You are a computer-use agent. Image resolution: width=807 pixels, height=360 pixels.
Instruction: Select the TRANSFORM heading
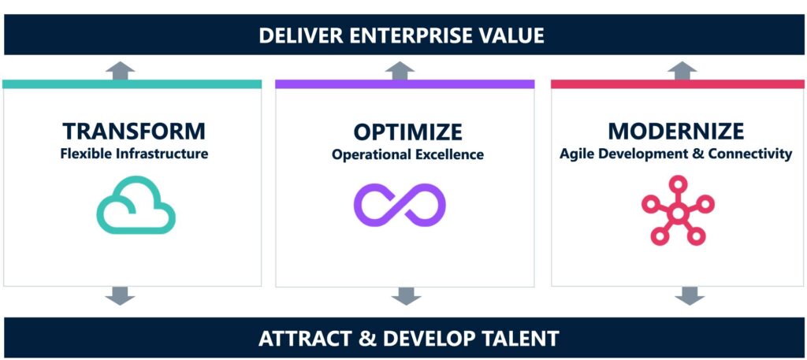tap(134, 131)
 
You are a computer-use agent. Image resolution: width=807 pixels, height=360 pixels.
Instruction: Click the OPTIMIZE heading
tap(407, 132)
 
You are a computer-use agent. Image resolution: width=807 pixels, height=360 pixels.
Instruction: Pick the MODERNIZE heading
tap(675, 131)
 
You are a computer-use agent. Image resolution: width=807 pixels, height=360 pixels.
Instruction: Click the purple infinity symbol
tap(400, 205)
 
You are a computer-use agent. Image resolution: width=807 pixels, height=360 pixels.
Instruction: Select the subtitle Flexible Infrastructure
tap(134, 154)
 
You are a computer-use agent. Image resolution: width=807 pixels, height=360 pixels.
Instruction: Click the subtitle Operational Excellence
tap(407, 154)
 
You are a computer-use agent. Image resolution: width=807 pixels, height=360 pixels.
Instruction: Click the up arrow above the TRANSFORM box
tap(120, 70)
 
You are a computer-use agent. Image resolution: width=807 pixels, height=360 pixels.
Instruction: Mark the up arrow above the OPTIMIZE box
tap(400, 70)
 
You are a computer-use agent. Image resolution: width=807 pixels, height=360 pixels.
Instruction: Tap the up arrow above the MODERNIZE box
tap(682, 70)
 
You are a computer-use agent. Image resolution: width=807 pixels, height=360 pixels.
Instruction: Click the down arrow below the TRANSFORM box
tap(120, 295)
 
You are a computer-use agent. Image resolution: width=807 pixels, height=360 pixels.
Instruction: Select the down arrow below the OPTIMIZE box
tap(406, 295)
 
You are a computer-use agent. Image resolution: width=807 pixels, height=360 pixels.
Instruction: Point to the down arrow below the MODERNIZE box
tap(690, 295)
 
